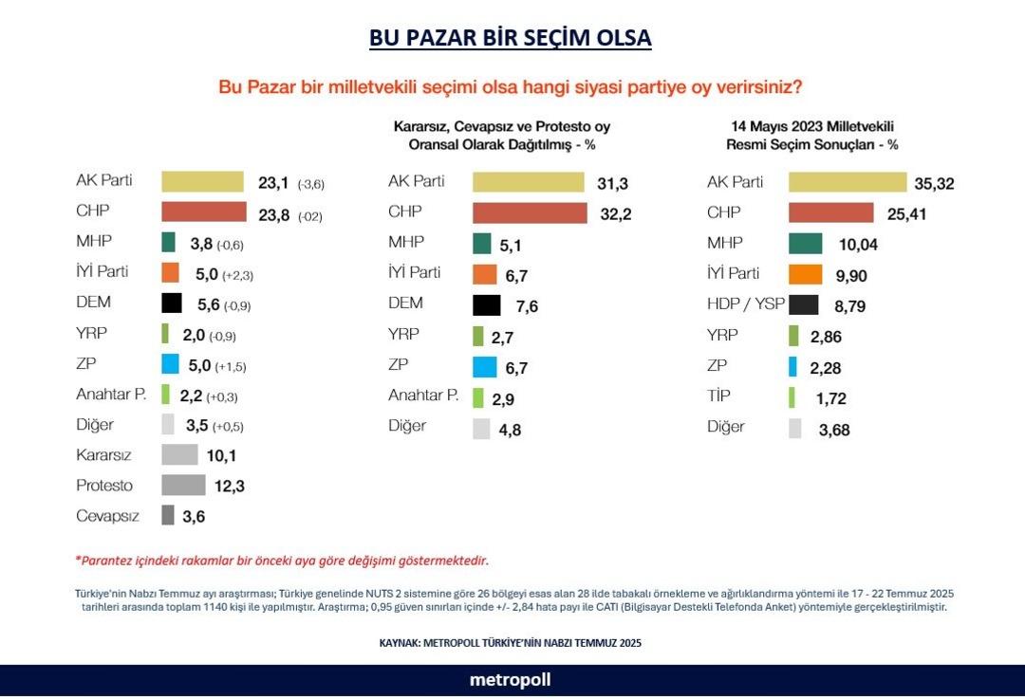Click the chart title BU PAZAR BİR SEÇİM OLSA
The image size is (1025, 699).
(511, 38)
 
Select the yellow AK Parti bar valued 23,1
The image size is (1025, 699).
(202, 182)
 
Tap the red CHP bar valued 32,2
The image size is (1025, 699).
(530, 213)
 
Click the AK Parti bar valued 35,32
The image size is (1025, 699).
(847, 182)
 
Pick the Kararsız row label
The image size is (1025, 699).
(103, 455)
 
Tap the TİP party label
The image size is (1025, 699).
(718, 395)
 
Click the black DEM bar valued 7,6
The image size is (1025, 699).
(486, 305)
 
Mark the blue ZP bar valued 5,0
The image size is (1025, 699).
(170, 364)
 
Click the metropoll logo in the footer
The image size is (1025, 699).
(510, 680)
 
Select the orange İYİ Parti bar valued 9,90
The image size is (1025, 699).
(804, 275)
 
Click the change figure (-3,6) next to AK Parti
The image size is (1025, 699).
(311, 184)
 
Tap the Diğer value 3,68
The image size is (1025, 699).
(834, 430)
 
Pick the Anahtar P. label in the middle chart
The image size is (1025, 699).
(422, 395)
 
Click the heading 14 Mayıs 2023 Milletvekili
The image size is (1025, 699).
(811, 126)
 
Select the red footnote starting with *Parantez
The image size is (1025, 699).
(282, 560)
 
